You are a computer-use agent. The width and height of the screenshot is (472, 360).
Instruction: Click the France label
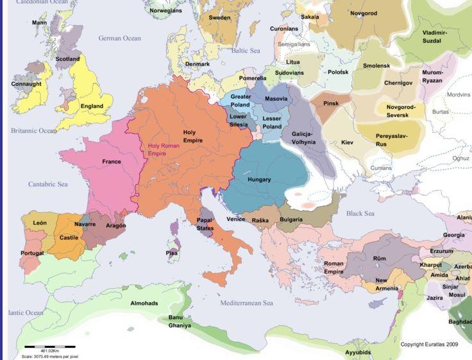point(111,162)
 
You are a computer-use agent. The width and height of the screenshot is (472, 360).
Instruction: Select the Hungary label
point(259,180)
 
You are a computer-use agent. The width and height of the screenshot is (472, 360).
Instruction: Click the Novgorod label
point(364,13)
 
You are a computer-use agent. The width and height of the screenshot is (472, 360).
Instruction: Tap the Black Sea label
point(360,214)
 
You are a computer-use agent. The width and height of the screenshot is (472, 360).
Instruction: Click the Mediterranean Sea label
point(247,303)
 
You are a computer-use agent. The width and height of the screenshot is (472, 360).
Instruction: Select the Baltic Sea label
point(246,50)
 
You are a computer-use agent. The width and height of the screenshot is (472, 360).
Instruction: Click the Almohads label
point(144,303)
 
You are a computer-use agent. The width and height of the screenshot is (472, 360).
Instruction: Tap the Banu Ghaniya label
point(180,321)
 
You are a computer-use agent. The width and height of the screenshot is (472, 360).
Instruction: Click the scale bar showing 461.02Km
point(49,347)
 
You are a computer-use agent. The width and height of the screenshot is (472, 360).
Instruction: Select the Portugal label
point(31,253)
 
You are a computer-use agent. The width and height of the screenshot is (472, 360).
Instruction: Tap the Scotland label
point(67,59)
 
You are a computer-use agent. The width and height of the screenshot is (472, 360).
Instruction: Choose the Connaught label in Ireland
point(26,84)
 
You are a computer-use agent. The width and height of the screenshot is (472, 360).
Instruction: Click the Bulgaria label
point(292,220)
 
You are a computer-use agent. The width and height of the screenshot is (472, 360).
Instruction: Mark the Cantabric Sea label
point(47,184)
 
